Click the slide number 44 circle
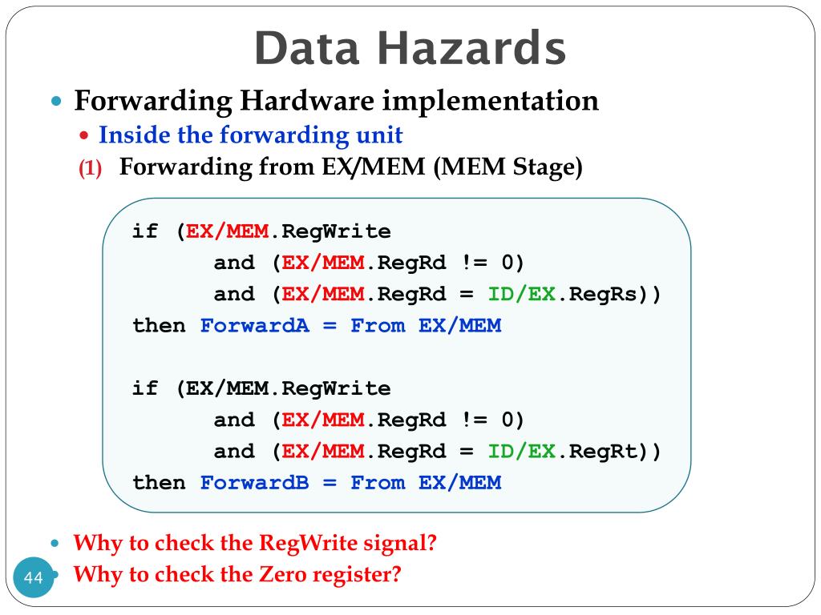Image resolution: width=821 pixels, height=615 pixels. coord(34,578)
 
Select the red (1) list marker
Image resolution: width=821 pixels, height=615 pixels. coord(90,170)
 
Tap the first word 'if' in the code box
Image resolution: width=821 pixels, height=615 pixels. coord(146,232)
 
